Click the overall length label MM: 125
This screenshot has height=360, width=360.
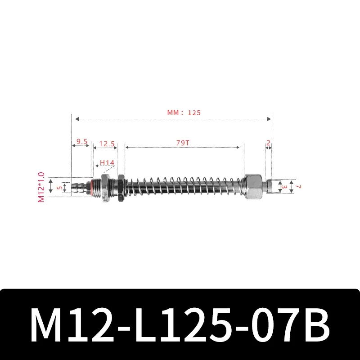tap(184, 113)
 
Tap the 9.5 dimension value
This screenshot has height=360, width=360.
tap(81, 141)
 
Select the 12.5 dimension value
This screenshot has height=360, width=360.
tap(107, 144)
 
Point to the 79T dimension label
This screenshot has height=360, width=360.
tap(183, 143)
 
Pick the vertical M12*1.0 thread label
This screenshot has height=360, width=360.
tap(41, 186)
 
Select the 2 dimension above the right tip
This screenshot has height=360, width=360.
tap(268, 143)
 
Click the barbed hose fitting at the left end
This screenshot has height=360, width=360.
tap(78, 187)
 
